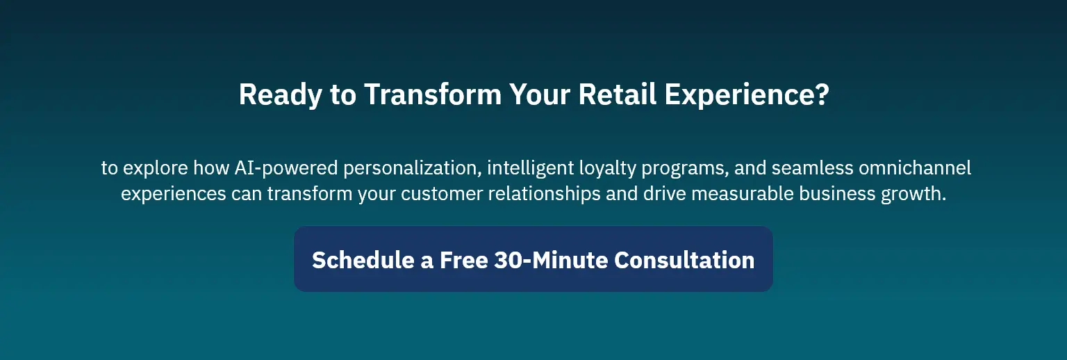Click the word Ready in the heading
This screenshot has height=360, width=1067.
tap(281, 95)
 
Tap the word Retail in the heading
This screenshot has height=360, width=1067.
tap(618, 94)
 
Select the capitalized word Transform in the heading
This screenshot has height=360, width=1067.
tap(433, 94)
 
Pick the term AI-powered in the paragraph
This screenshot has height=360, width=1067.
tap(286, 168)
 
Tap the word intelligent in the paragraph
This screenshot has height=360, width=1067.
tap(530, 168)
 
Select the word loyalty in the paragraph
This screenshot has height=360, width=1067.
tap(607, 168)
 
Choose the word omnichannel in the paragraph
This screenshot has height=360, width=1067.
tap(915, 168)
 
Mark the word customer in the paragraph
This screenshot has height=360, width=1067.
tap(442, 194)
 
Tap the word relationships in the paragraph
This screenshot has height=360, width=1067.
tap(545, 194)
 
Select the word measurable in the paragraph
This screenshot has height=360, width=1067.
tap(743, 194)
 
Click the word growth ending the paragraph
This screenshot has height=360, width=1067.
tap(913, 194)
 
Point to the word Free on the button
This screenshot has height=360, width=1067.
tap(464, 261)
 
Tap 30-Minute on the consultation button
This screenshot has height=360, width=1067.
tap(551, 261)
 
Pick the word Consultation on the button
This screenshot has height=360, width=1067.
tap(684, 261)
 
